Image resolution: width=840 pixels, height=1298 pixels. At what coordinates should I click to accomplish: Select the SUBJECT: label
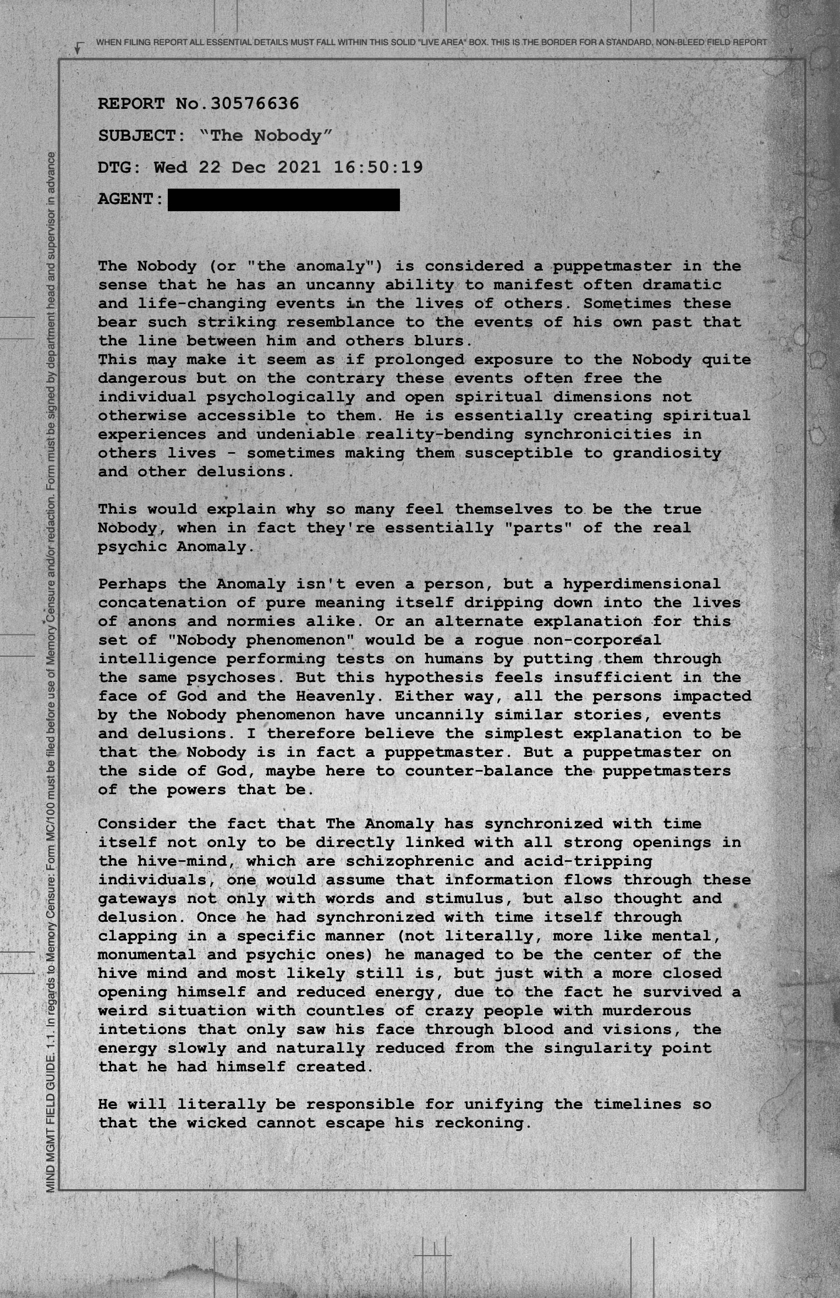pos(142,135)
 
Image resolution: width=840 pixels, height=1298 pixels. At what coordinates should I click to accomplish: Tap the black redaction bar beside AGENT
pos(283,200)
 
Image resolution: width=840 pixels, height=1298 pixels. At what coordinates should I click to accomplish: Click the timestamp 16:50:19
pos(378,167)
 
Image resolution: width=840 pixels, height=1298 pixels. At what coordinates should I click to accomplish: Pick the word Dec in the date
pos(248,167)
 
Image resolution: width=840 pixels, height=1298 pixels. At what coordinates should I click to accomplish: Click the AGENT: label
pos(131,199)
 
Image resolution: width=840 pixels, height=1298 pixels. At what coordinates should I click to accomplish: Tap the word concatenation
pos(162,602)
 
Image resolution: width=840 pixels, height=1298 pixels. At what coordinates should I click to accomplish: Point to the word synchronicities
pos(598,435)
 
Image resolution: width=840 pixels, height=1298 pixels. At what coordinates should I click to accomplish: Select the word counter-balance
pos(479,771)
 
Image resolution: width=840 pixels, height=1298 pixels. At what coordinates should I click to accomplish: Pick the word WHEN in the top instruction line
pos(106,42)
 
